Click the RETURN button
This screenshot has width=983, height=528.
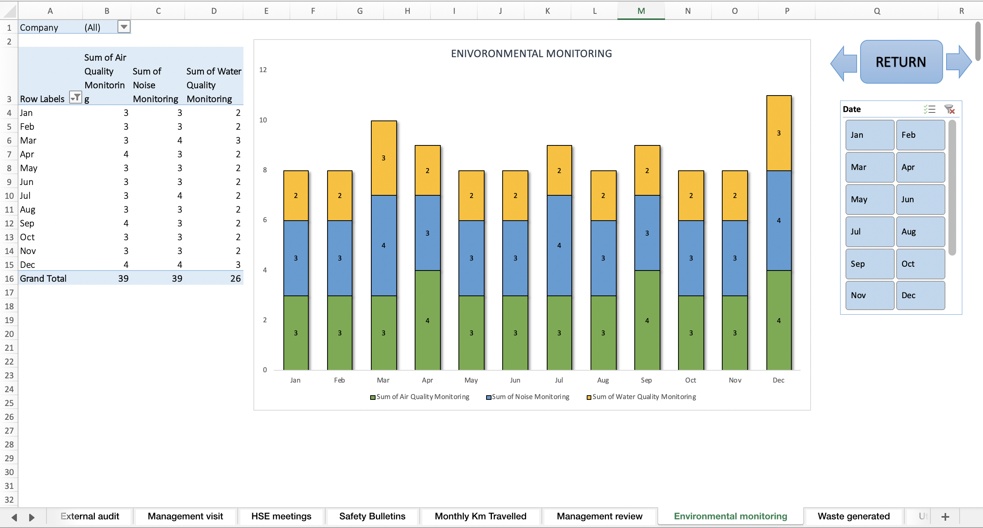tap(901, 62)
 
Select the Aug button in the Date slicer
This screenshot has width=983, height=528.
tap(920, 232)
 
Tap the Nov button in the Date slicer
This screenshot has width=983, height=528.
tap(869, 295)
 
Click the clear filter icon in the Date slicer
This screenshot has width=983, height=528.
tap(950, 109)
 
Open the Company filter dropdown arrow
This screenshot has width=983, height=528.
tap(124, 27)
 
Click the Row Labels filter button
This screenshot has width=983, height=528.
tap(75, 97)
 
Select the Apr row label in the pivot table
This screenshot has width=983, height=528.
tap(27, 154)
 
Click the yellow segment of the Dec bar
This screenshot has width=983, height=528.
tap(779, 133)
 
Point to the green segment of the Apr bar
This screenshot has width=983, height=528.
tap(427, 320)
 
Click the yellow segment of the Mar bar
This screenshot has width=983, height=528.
tap(384, 158)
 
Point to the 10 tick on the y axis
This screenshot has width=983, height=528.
tap(263, 120)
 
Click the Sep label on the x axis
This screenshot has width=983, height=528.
tap(646, 380)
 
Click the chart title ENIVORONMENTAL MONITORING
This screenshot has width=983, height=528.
tap(531, 54)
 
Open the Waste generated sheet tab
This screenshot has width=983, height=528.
tap(853, 516)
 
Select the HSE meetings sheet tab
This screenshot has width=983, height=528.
tap(281, 516)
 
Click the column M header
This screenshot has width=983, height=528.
tap(641, 11)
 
